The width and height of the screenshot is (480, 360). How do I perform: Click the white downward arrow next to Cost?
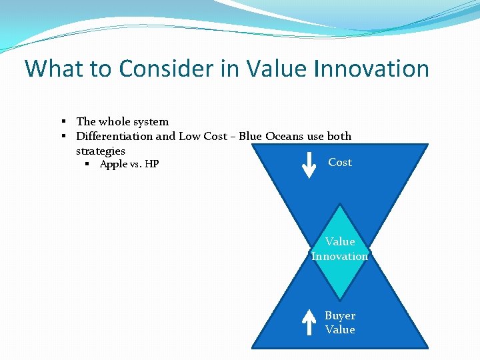309,165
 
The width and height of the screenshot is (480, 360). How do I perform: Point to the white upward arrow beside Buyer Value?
309,321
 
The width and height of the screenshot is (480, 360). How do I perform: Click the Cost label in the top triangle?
340,162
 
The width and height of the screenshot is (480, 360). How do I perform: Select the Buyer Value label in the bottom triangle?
340,323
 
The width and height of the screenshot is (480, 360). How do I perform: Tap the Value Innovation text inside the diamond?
340,249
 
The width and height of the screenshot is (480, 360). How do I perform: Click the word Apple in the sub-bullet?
114,165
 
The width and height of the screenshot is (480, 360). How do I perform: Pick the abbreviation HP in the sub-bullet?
151,165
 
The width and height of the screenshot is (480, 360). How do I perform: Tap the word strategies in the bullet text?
101,151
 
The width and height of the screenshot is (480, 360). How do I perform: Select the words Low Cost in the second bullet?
201,136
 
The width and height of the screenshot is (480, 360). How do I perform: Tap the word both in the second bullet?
339,136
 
